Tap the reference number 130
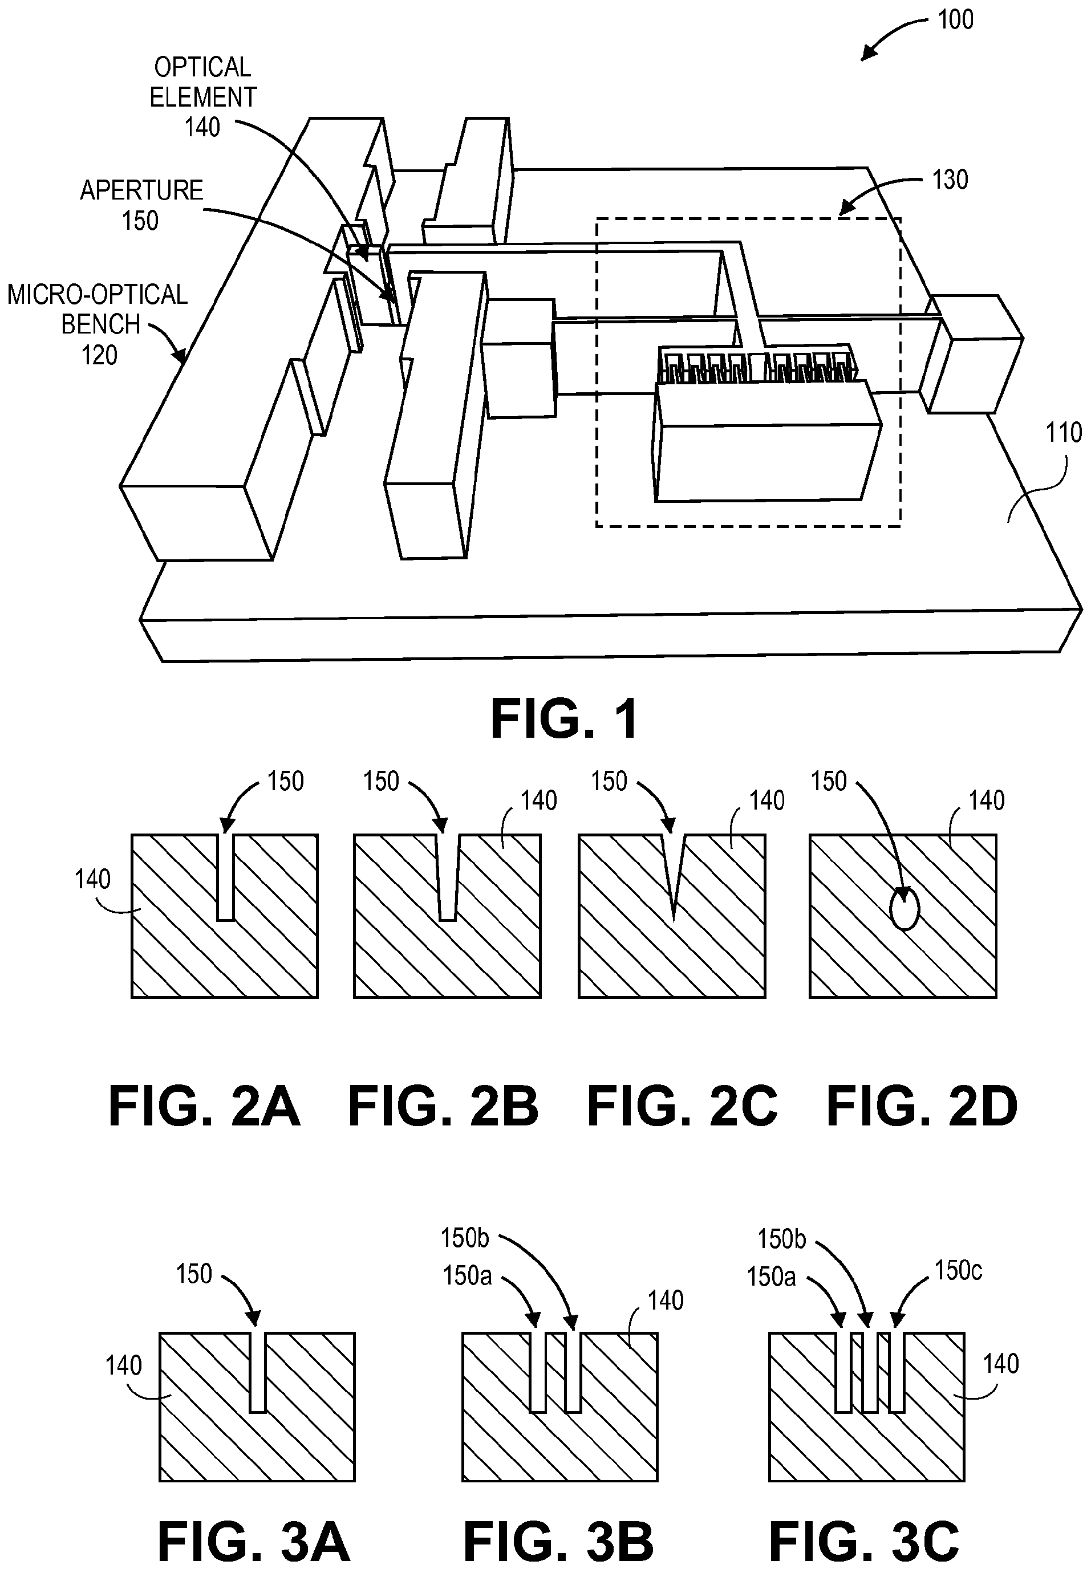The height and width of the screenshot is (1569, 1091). point(950,180)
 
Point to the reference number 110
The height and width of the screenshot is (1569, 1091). point(1064,433)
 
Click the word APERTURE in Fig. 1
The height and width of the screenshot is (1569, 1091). point(141,190)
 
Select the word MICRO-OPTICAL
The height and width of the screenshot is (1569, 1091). point(97,295)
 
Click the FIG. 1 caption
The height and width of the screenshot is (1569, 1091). point(565,719)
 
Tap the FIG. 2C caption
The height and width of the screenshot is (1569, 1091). point(682,1107)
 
